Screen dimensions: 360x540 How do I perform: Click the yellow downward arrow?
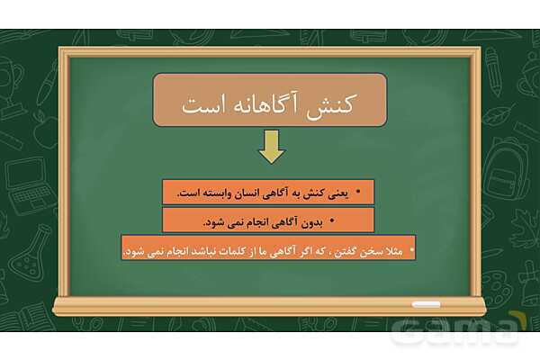pyautogui.click(x=271, y=147)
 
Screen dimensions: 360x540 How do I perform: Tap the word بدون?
pyautogui.click(x=308, y=220)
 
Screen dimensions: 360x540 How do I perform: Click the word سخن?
pyautogui.click(x=363, y=248)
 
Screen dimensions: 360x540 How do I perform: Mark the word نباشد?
pyautogui.click(x=192, y=248)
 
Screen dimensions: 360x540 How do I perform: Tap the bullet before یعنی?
pyautogui.click(x=357, y=193)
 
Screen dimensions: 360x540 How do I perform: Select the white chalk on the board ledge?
pyautogui.click(x=427, y=304)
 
